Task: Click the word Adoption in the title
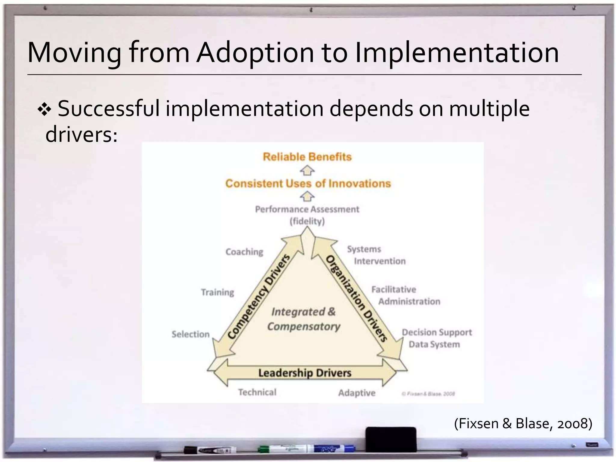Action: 255,53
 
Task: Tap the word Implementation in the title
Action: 457,53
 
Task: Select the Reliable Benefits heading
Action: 307,157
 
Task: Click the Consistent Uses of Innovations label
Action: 308,183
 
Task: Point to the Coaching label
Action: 244,252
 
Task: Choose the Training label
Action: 217,292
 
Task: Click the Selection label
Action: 190,334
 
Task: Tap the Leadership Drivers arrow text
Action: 305,373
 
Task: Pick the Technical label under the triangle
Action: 257,392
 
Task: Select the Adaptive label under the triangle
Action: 357,393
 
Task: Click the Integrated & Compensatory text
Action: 303,319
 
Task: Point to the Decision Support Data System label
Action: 436,338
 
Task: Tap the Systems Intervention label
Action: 376,255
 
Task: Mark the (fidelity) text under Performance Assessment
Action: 307,221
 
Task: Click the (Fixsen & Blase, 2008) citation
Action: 523,423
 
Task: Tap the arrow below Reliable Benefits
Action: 307,171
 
